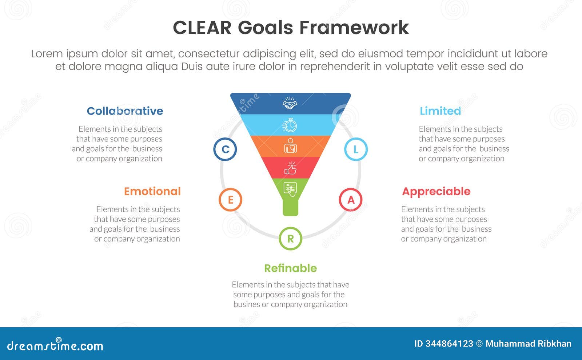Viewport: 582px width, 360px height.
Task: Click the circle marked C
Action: coord(225,149)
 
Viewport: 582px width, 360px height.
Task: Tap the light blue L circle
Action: coord(356,149)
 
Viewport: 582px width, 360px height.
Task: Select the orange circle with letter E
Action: coord(230,200)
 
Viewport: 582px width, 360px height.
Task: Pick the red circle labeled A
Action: coord(351,200)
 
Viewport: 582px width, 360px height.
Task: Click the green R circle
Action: coord(290,239)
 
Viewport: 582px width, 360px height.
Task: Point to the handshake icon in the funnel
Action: coord(290,104)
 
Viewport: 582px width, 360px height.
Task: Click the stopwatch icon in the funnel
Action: coord(290,125)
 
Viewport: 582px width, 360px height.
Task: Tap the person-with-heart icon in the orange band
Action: coord(290,146)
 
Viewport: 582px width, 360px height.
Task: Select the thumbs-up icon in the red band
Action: coord(290,168)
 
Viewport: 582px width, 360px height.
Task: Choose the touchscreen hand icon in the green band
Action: coord(290,189)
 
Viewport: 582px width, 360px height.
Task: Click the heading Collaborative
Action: coord(125,111)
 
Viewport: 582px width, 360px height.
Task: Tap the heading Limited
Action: coord(440,111)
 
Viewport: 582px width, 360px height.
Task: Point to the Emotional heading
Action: coord(152,191)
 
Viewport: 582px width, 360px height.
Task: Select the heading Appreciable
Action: coord(436,191)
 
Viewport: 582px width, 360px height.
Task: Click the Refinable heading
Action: coord(290,268)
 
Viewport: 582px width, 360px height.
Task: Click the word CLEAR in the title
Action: coord(202,28)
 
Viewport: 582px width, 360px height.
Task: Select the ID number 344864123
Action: coord(449,344)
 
